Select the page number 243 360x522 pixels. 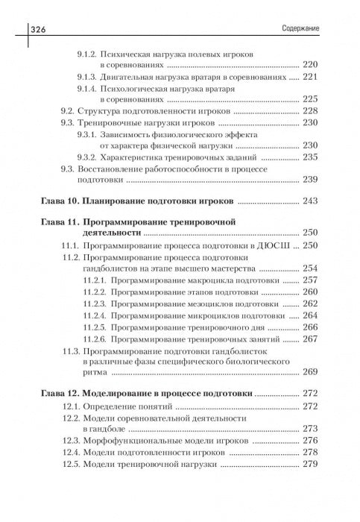tap(309, 201)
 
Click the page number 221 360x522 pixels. tap(309, 76)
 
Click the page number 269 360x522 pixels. tap(309, 371)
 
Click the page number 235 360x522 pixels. tap(309, 157)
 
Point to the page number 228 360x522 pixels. tap(309, 111)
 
